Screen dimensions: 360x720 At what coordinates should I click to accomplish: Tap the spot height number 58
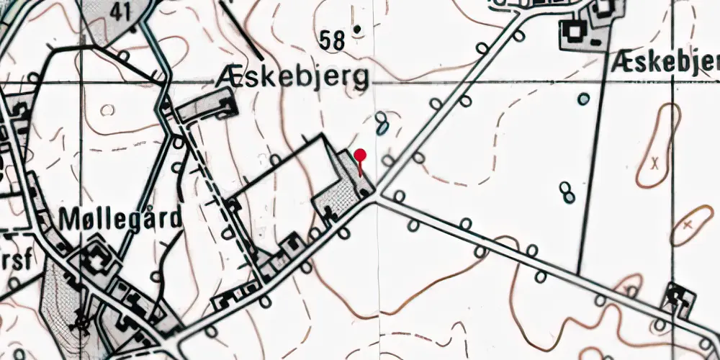(334, 41)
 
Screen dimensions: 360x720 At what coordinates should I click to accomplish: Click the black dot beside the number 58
(357, 30)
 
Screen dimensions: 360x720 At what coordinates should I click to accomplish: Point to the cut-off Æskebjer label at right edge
(664, 63)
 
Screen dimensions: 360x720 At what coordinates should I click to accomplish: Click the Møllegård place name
(121, 217)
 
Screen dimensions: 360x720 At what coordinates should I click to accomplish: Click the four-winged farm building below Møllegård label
(95, 261)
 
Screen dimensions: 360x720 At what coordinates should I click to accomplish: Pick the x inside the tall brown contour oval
(654, 162)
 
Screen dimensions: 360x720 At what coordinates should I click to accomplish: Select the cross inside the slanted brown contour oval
(688, 225)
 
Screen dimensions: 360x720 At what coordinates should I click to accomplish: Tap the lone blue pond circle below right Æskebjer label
(584, 99)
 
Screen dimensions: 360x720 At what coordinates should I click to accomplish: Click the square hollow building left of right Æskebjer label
(575, 30)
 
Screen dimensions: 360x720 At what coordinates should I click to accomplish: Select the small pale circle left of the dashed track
(108, 110)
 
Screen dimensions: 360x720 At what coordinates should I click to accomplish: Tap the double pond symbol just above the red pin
(382, 122)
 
